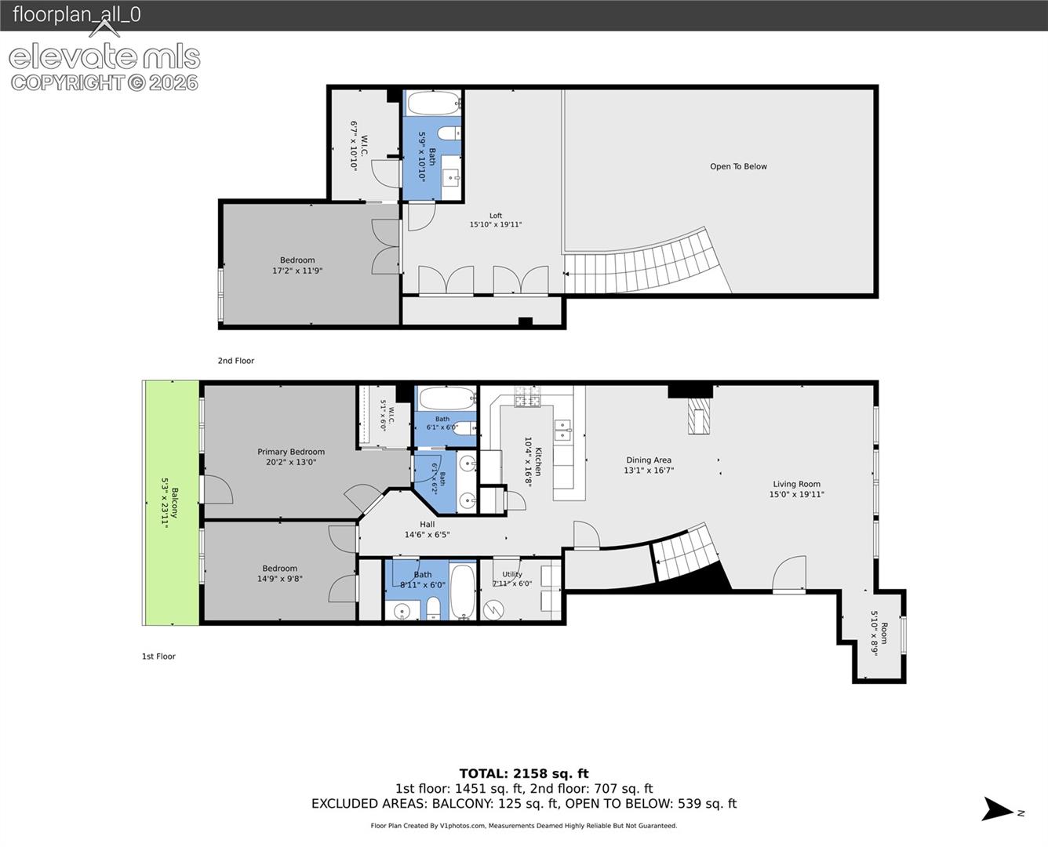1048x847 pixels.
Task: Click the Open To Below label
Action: tap(738, 166)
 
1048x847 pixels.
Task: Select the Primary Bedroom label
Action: tap(291, 452)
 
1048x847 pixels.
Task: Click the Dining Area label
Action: tap(649, 460)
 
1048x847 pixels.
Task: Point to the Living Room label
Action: tap(796, 484)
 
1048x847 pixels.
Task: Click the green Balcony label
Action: tap(175, 502)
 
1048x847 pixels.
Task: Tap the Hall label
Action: tap(427, 525)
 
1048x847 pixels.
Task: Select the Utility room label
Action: tap(512, 574)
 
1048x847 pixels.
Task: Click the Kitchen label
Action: tap(538, 461)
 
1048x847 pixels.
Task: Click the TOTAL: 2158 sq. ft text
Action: tap(524, 773)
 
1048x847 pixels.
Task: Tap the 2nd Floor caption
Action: tap(236, 361)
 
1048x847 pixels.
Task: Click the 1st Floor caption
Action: tap(158, 656)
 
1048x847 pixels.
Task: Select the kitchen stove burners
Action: tap(527, 397)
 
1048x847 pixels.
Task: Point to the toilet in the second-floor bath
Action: tap(449, 133)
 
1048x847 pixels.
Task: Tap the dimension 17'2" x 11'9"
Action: tap(297, 271)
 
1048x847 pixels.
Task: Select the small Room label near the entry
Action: tap(884, 633)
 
